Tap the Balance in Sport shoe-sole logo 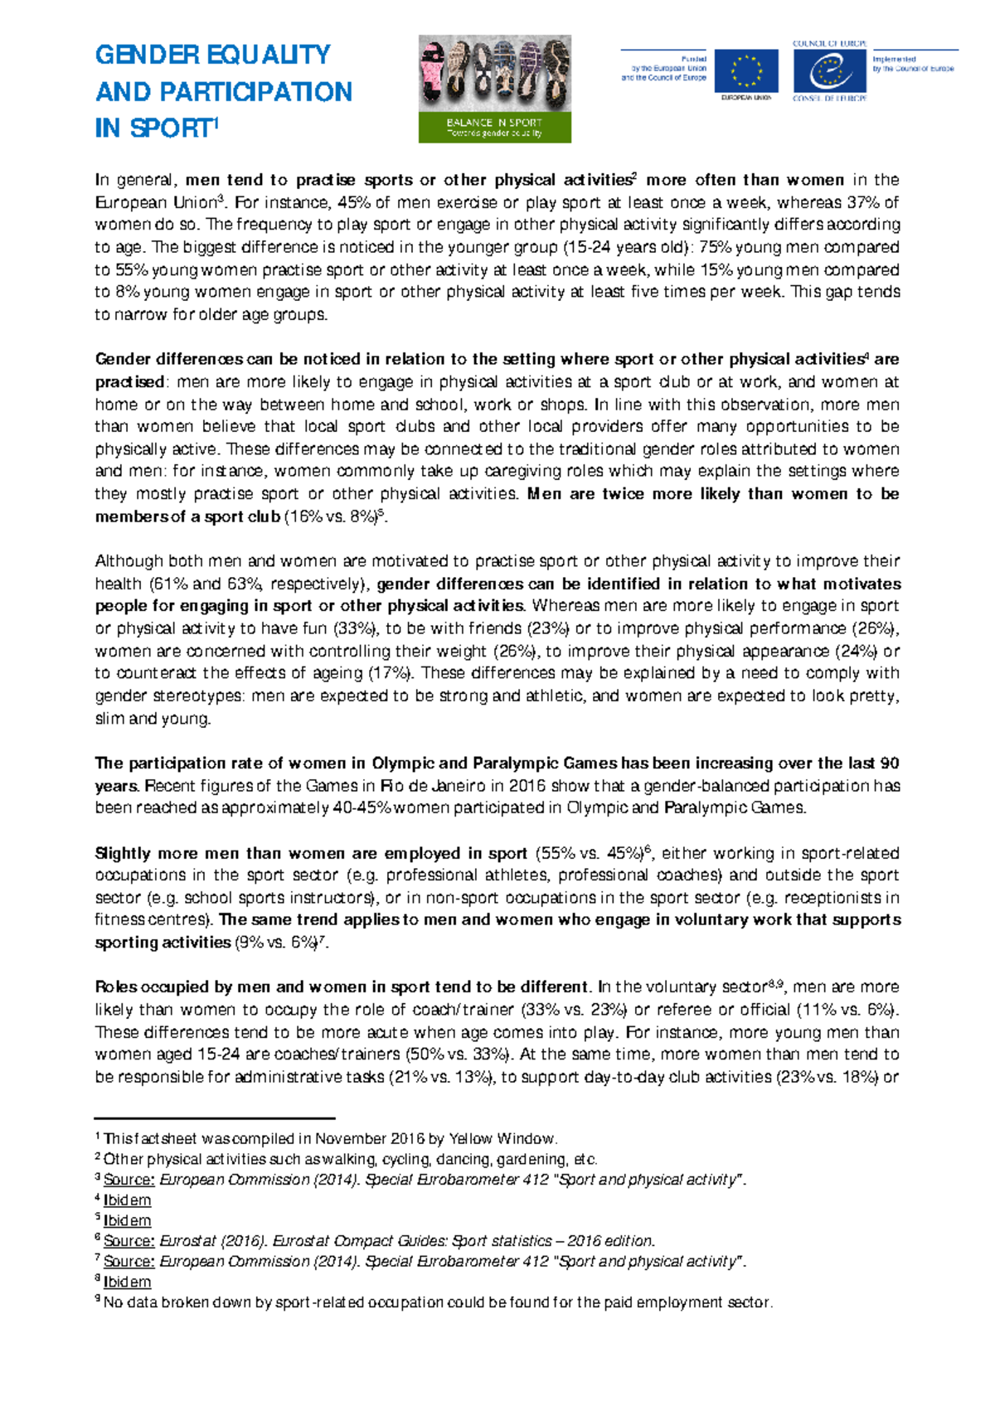(x=494, y=89)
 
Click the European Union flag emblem (x=746, y=71)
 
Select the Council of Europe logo (x=829, y=71)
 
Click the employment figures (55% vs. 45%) (x=590, y=854)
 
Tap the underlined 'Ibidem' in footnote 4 (x=127, y=1200)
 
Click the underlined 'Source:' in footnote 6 (x=129, y=1241)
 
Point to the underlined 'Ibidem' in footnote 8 (x=127, y=1282)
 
